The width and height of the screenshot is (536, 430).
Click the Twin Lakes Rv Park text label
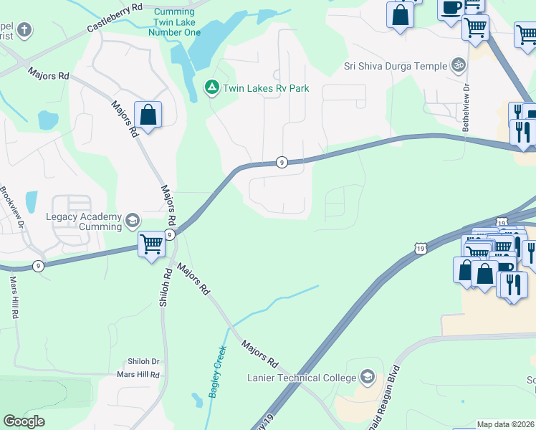point(266,88)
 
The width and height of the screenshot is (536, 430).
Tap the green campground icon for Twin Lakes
point(212,87)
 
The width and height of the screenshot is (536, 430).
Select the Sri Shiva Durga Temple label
point(395,66)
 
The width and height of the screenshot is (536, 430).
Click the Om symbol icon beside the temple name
point(458,65)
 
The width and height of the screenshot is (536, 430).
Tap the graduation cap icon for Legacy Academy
point(132,221)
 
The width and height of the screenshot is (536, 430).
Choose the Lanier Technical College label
point(301,378)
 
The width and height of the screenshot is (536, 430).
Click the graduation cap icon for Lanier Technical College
point(367,377)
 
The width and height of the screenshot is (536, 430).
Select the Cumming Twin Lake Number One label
point(174,22)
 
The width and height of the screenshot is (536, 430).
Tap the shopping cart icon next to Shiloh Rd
point(151,244)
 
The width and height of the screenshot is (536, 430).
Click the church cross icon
point(24,30)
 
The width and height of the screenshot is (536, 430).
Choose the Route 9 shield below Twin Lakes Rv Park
point(282,162)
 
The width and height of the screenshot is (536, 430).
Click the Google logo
point(24,421)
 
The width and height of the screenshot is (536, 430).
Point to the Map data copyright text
point(506,424)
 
